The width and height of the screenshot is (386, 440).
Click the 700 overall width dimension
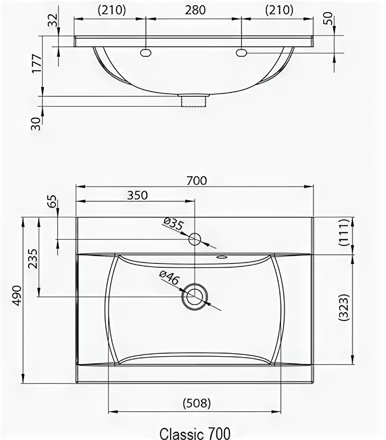(x=197, y=180)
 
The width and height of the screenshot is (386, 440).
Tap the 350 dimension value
(x=138, y=195)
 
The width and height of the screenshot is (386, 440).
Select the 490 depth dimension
(x=17, y=295)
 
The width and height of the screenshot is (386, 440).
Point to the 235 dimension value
(x=33, y=259)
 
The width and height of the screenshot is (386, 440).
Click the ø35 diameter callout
(x=173, y=224)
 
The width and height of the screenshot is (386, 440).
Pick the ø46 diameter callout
(x=169, y=278)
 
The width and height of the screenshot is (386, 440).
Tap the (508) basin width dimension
(x=197, y=403)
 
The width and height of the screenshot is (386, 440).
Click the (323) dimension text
(x=344, y=307)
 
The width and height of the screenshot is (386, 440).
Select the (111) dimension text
(x=344, y=232)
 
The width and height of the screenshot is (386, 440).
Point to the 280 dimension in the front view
(x=195, y=10)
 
